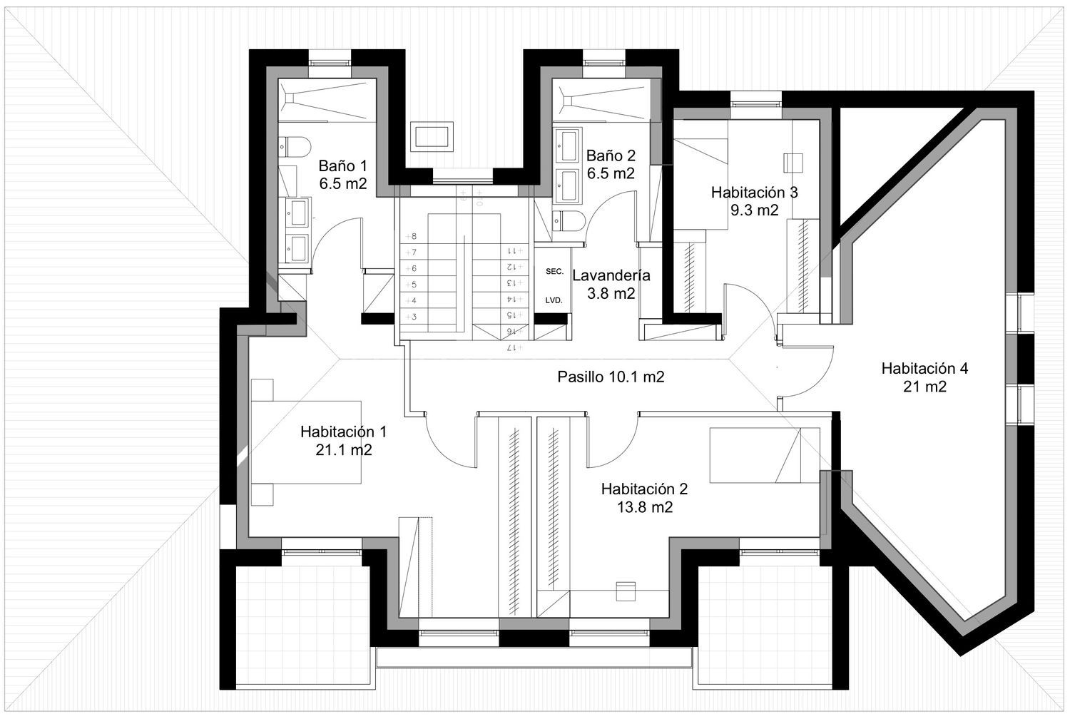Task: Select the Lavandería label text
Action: [611, 275]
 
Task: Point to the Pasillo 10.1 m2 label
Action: [611, 377]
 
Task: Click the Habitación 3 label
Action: [754, 193]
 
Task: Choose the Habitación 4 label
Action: [924, 368]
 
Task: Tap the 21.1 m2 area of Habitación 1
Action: [343, 450]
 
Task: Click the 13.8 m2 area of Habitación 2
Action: [645, 507]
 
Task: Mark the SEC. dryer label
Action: [554, 271]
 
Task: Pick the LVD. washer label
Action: [554, 300]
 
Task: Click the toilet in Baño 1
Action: [295, 147]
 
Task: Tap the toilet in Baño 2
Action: [569, 220]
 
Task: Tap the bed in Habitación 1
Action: [306, 442]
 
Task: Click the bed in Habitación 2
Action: [765, 455]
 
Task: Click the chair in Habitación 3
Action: [793, 163]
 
